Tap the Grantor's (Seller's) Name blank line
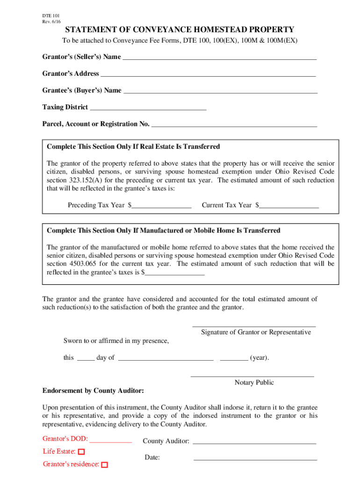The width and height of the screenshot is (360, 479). point(219,58)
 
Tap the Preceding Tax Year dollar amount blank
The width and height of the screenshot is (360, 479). point(161,205)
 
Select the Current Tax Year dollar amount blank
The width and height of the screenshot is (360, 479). point(289,205)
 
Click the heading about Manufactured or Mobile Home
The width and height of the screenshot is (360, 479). point(164,231)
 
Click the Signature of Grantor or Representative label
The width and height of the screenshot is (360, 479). point(256,332)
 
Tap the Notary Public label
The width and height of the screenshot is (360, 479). point(254,383)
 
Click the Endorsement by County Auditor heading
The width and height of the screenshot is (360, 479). point(93,391)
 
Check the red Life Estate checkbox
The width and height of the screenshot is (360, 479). point(81,452)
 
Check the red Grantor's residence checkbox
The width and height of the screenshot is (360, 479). point(104,465)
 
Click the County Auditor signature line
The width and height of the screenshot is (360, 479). point(254,442)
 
